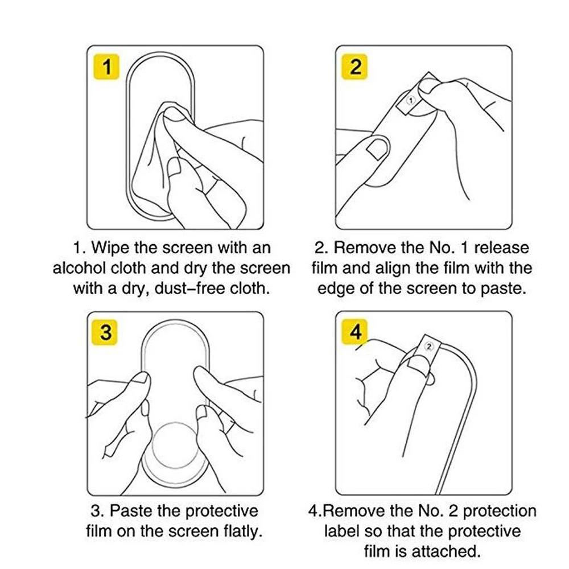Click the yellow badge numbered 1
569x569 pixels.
click(106, 67)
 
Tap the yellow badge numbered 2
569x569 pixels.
click(354, 67)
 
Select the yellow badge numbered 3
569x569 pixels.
click(106, 332)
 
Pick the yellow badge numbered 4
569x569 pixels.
click(354, 332)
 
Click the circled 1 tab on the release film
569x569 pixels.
click(411, 100)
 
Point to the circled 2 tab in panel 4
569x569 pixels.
click(429, 347)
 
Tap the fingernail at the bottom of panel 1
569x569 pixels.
click(175, 167)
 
